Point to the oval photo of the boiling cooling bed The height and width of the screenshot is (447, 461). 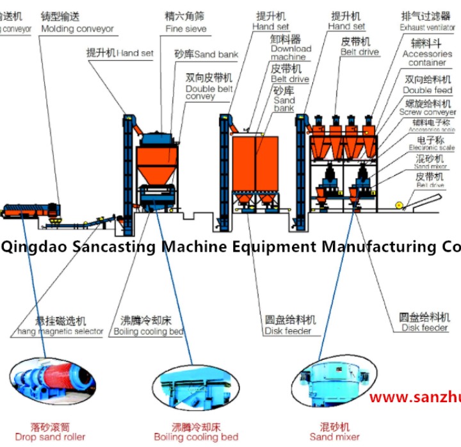(195, 387)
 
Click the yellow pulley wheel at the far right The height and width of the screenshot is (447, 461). (400, 205)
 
